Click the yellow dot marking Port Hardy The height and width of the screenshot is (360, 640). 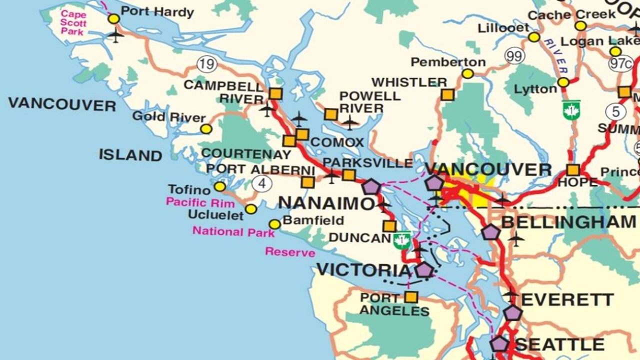tap(114, 18)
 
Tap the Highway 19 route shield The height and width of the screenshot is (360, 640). tap(206, 63)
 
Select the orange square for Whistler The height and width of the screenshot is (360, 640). tap(447, 94)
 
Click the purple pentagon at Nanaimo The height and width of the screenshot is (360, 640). tap(371, 186)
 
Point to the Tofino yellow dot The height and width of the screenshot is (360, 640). tap(219, 186)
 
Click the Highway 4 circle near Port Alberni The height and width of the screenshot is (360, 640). tap(261, 183)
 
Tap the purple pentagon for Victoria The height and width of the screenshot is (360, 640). tap(424, 270)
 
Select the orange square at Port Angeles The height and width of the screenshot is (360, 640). tap(411, 297)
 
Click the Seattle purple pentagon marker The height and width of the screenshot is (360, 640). tap(499, 344)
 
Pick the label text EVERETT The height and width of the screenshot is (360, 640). tap(567, 299)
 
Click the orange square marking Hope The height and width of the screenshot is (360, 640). tap(573, 170)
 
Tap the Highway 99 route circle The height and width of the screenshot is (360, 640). tap(513, 56)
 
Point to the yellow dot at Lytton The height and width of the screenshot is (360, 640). tap(563, 82)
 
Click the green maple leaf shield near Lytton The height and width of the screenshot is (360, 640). tap(571, 110)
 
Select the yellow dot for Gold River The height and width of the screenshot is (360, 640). tap(206, 129)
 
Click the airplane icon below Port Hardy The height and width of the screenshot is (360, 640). tap(115, 35)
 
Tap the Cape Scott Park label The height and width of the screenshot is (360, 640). tap(73, 22)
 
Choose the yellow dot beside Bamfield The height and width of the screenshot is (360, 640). tap(274, 224)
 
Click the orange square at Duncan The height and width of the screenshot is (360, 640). tap(389, 226)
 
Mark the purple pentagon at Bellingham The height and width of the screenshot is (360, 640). tap(491, 232)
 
